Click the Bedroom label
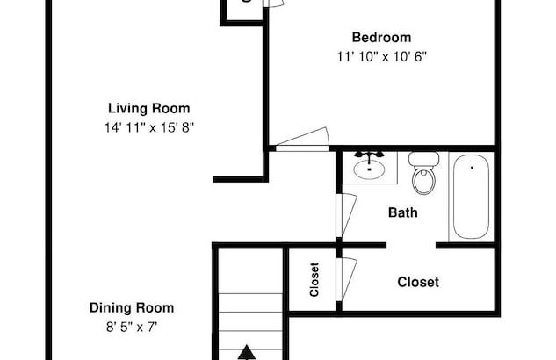click(x=381, y=37)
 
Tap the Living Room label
click(x=148, y=109)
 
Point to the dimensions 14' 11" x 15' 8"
click(x=148, y=127)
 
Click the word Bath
click(x=402, y=212)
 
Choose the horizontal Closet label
click(x=418, y=283)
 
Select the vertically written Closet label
click(x=314, y=280)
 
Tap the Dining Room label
click(x=132, y=308)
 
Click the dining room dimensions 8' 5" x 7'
click(x=132, y=327)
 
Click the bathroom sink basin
click(x=369, y=169)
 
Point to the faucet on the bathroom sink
click(x=370, y=155)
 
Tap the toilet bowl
click(x=424, y=181)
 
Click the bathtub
click(x=471, y=196)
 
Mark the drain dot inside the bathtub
click(x=472, y=165)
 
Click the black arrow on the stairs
click(x=248, y=352)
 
